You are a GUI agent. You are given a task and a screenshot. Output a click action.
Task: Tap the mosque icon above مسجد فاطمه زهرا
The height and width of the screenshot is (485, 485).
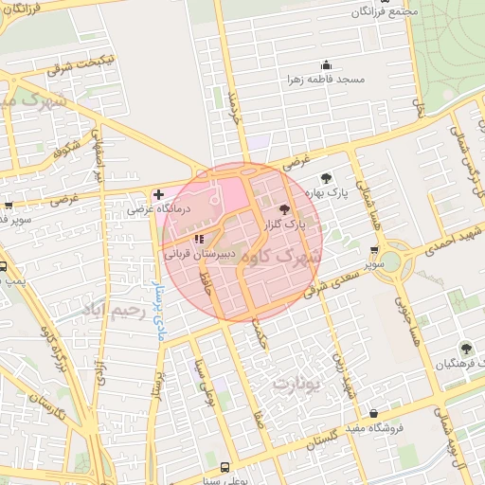[x=327, y=65]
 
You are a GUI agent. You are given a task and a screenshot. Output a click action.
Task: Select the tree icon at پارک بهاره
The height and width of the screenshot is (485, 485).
[x=326, y=177]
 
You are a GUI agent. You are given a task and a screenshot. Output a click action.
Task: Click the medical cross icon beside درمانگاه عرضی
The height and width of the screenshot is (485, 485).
[x=158, y=194]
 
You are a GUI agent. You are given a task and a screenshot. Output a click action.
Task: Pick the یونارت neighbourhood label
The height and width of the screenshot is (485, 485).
[x=296, y=384]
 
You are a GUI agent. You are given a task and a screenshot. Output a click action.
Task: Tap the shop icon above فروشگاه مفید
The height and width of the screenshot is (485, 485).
[x=375, y=413]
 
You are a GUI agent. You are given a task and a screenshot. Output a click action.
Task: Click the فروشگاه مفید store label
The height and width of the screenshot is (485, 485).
[x=375, y=428]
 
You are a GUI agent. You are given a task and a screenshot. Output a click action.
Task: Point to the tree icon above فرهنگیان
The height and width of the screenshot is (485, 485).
[x=465, y=349]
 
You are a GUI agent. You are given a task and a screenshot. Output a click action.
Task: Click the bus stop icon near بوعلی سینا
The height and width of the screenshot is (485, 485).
[x=225, y=466]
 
